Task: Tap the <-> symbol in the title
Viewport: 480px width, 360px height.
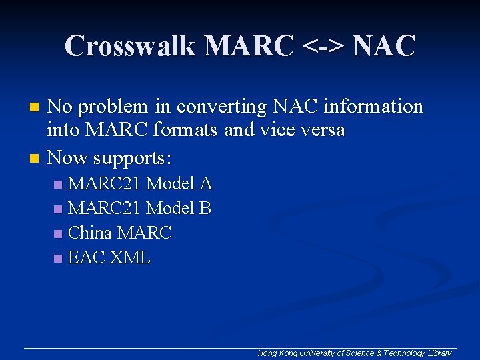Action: point(323,46)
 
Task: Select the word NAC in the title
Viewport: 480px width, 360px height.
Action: point(383,46)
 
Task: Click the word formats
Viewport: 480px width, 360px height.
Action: point(187,129)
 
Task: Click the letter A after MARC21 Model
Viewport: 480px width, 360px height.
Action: point(205,183)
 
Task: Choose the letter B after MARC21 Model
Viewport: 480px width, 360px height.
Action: point(205,209)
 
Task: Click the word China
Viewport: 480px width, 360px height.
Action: point(91,233)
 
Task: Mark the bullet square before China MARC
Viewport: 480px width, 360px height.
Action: point(58,234)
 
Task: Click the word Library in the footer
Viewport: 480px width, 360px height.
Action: point(439,353)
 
